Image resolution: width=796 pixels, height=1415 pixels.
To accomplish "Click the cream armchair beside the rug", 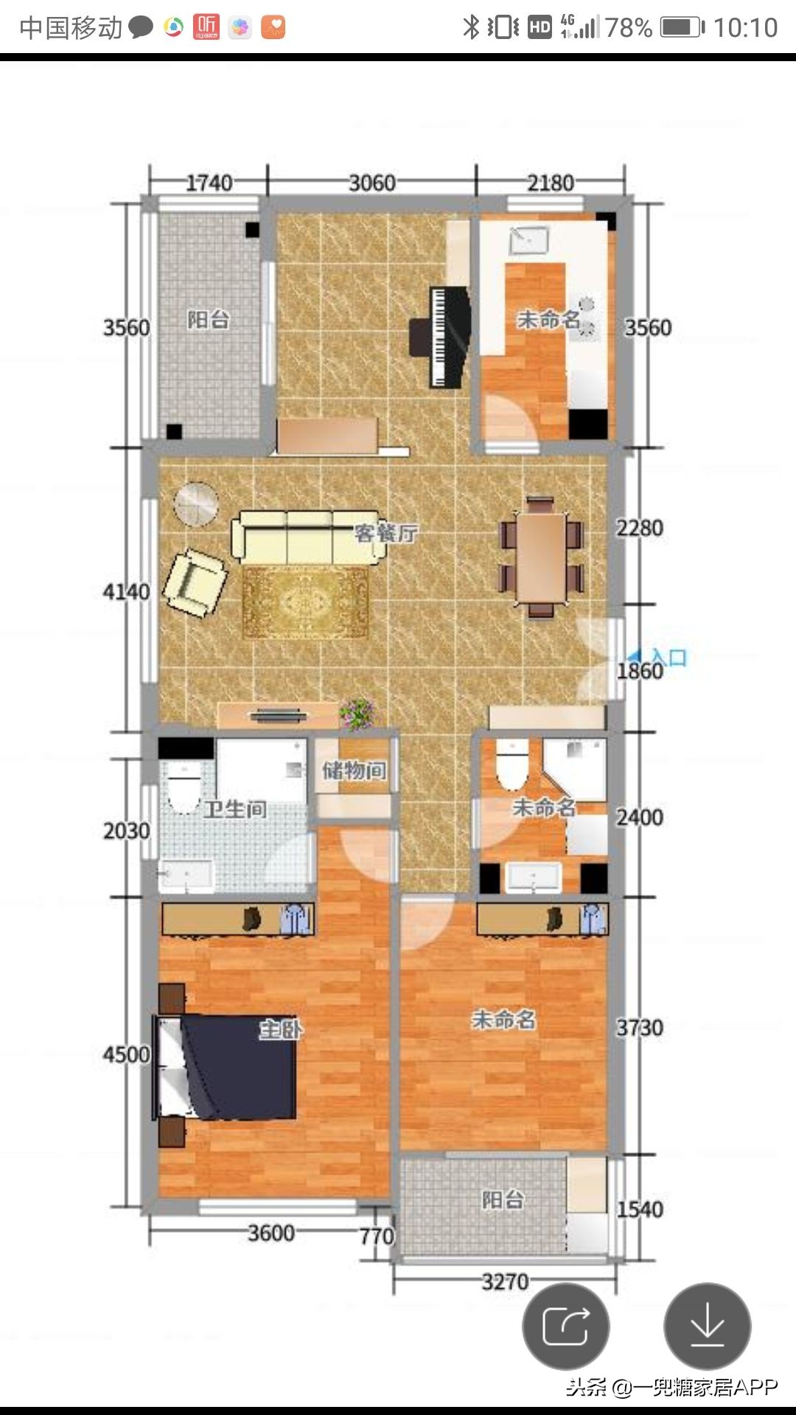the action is click(x=194, y=582).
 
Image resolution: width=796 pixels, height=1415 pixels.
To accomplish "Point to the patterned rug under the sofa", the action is click(x=305, y=602).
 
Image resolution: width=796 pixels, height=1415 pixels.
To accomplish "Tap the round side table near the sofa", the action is click(x=196, y=504).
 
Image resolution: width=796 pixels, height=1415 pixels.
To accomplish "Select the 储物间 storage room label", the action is click(x=355, y=771).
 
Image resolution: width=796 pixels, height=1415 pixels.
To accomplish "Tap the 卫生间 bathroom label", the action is click(x=235, y=809).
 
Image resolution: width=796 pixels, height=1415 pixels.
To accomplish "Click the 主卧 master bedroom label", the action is click(x=281, y=1029).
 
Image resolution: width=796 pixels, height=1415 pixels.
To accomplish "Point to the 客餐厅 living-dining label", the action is click(x=386, y=533).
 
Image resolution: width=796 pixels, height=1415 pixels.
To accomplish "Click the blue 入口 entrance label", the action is click(x=668, y=657).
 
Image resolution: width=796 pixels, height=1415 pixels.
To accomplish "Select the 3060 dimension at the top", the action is click(x=372, y=183).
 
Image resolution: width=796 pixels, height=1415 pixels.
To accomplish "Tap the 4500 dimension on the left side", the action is click(x=126, y=1055).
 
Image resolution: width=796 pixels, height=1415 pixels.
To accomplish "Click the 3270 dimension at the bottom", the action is click(x=506, y=1282).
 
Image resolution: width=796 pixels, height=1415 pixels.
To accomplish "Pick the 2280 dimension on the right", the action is click(x=640, y=528).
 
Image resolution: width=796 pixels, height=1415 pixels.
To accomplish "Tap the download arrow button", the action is click(x=708, y=1327).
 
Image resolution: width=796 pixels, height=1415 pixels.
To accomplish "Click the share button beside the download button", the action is click(x=566, y=1327).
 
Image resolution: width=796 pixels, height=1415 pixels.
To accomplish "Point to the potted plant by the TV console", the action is click(x=357, y=713).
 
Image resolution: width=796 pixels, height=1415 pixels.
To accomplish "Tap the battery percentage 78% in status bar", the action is click(x=629, y=27).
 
